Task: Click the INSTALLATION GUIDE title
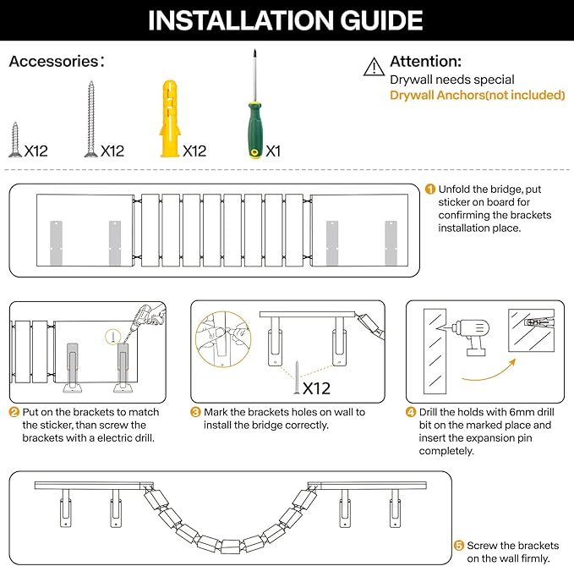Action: pos(286,20)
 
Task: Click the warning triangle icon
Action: pos(373,67)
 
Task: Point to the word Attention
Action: pos(425,62)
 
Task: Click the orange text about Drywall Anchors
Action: pos(477,95)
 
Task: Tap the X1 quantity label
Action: pos(273,151)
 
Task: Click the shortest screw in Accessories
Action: pos(14,140)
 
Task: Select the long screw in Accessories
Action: pos(90,118)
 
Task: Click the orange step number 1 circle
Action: pos(430,190)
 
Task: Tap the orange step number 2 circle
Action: pos(14,412)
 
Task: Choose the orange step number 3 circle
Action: pos(195,412)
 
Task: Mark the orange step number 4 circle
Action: pos(411,412)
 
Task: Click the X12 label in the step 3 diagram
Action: pos(315,388)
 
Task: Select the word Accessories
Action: pos(54,62)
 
